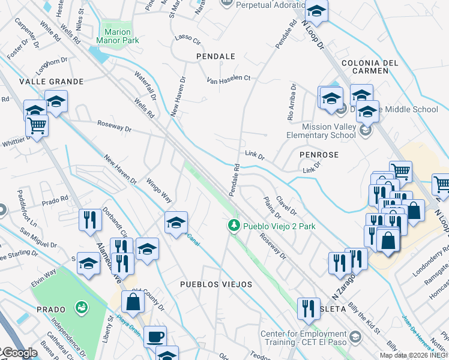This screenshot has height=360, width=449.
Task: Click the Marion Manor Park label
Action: click(121, 36)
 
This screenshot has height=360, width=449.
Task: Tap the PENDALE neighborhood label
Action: click(215, 56)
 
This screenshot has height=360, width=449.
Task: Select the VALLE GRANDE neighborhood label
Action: click(43, 81)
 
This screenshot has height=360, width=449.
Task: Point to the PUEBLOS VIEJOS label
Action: click(216, 284)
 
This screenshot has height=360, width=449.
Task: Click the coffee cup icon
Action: click(155, 337)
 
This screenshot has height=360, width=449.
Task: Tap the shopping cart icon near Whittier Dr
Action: click(37, 126)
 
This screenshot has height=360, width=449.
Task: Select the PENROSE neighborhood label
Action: click(319, 155)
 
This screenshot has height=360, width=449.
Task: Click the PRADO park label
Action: click(50, 310)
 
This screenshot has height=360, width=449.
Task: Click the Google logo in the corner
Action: click(19, 353)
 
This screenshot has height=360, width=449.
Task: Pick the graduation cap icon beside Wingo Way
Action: click(176, 222)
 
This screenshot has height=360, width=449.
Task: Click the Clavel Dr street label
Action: click(286, 205)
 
